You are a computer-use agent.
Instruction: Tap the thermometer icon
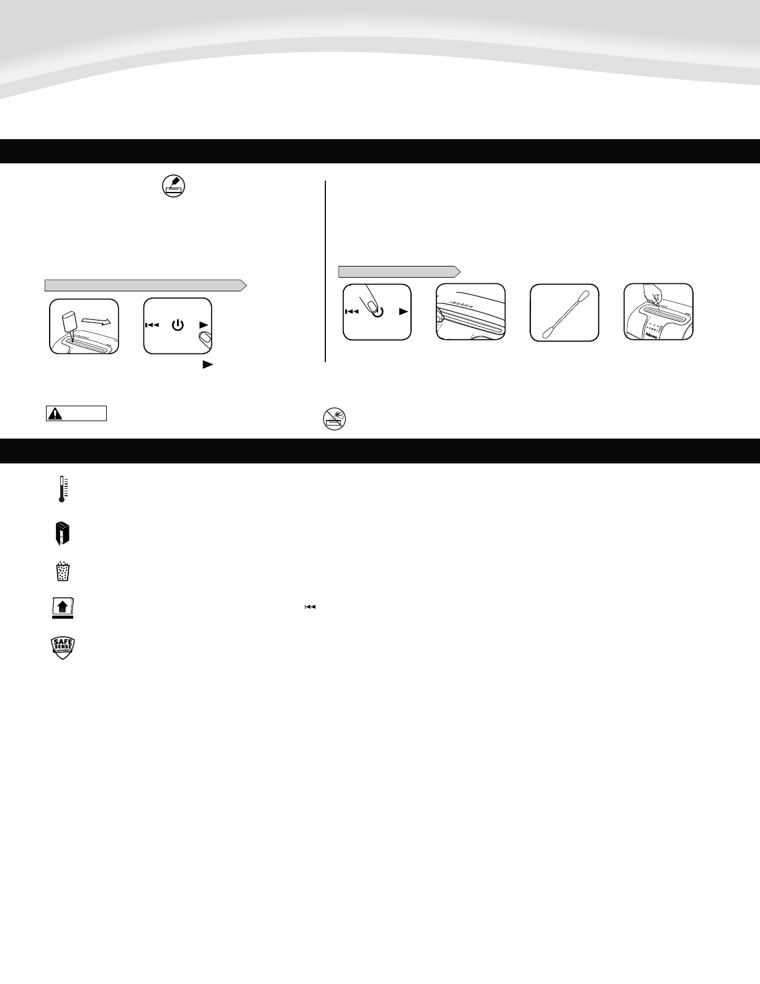coord(61,489)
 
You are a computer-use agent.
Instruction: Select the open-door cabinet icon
coord(61,534)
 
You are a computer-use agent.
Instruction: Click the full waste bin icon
coord(61,572)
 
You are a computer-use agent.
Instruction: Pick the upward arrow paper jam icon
coord(62,608)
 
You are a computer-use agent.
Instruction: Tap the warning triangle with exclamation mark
coord(55,414)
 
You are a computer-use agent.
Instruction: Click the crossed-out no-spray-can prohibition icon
coord(334,419)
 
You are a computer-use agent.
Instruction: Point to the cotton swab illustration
coord(564,312)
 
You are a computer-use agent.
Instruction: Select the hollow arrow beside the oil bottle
coord(97,322)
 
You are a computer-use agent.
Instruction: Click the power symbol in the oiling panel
coord(178,325)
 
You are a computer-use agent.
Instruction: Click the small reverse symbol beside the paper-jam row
coord(310,607)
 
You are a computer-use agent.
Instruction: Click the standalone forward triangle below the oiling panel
coord(207,366)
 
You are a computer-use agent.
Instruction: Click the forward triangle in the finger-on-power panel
coord(404,312)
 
